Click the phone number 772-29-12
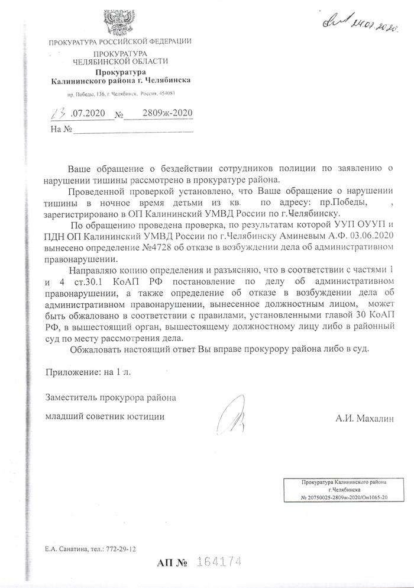coord(119,550)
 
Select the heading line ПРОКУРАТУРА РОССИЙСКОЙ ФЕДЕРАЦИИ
coord(120,41)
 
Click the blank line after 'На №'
coord(134,128)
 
